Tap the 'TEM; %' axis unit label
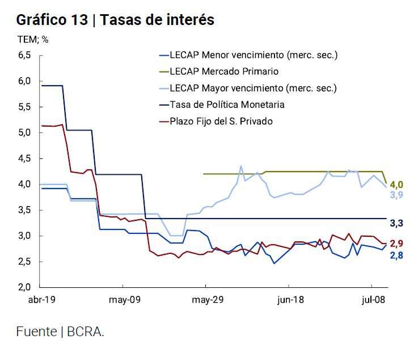coord(33,40)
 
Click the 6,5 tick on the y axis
coord(24,55)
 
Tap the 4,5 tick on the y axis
coord(24,158)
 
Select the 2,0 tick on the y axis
coord(24,287)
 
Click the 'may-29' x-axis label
coord(206,300)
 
